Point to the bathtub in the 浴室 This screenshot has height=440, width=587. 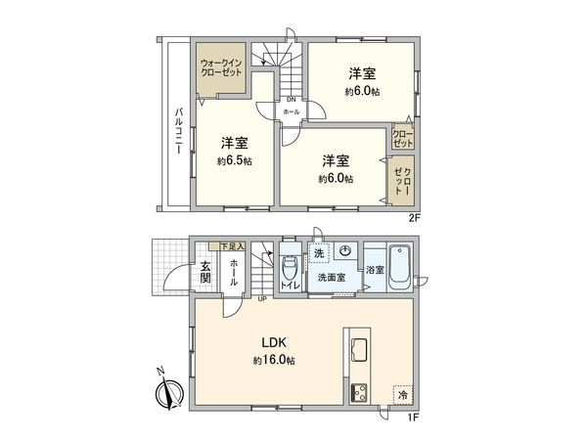click(402, 267)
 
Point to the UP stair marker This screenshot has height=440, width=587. click(262, 299)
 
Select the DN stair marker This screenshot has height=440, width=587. click(291, 99)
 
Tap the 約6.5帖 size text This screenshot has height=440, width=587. click(235, 161)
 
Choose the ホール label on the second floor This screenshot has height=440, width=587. click(291, 112)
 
